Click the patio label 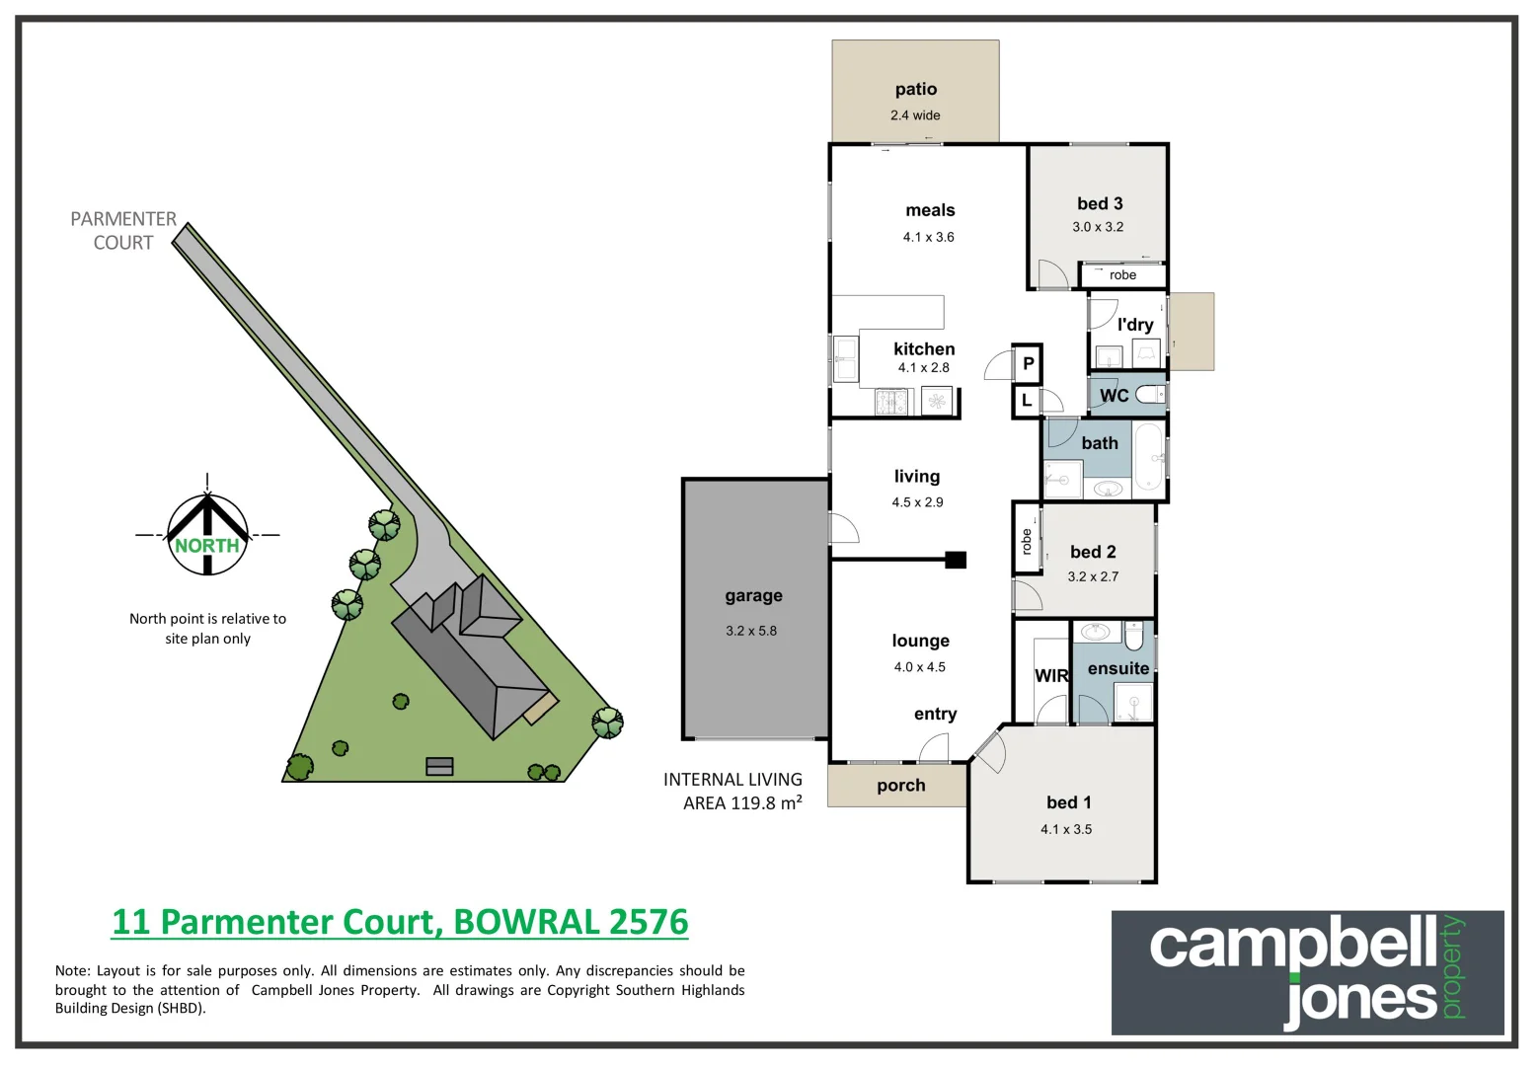click(915, 90)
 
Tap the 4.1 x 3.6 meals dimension click(928, 237)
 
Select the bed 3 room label click(1100, 203)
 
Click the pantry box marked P click(1028, 363)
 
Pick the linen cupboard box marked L click(1027, 401)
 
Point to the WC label click(1114, 396)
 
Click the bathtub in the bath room click(1148, 457)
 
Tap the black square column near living click(955, 560)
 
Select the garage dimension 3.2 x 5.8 click(751, 631)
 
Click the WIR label click(1051, 676)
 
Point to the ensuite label click(1118, 669)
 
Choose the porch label click(900, 786)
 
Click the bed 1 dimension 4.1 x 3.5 click(1066, 829)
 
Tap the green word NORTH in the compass click(207, 546)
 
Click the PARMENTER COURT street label click(123, 231)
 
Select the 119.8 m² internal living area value click(765, 803)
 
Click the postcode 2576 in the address click(649, 922)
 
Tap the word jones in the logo click(1360, 1000)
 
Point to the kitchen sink click(845, 358)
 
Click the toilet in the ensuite click(1133, 637)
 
